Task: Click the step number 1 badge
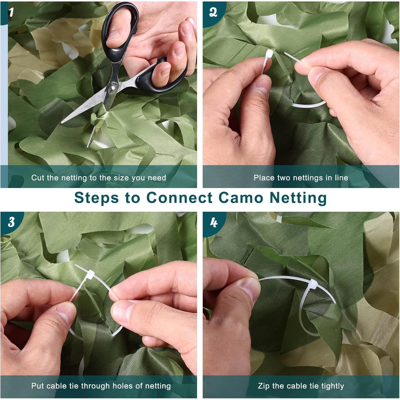pos(11,12)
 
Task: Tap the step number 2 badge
pos(213,12)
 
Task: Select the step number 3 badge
pos(11,222)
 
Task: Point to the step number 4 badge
pos(213,222)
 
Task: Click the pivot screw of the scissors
pos(113,89)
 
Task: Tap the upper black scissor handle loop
pos(120,25)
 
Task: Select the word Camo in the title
pos(241,198)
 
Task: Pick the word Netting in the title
pos(298,198)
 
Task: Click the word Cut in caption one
pos(37,178)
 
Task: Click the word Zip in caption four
pos(263,386)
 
